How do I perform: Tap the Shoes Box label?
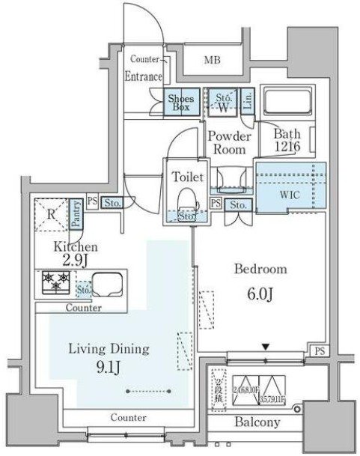(181, 103)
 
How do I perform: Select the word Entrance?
(144, 76)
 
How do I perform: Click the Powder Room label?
(228, 142)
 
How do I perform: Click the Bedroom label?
(260, 269)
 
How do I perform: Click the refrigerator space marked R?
(51, 213)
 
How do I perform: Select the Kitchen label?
(73, 246)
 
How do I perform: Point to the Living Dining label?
(109, 348)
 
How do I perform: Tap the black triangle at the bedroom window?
(265, 346)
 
